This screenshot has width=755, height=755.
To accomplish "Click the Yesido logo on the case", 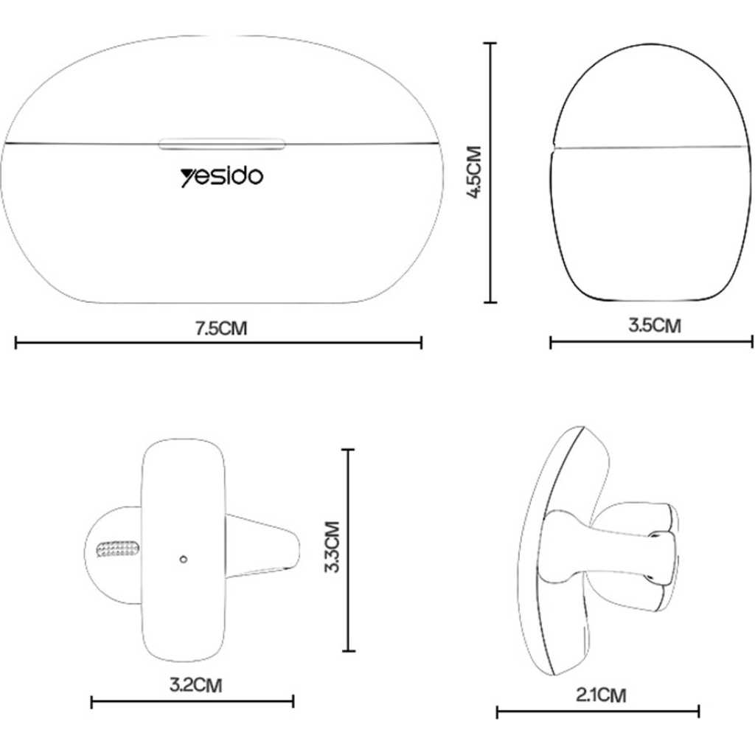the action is point(222,177).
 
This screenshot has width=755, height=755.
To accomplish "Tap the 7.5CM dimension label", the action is point(221,329).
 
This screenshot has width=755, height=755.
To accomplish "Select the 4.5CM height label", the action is point(476,172).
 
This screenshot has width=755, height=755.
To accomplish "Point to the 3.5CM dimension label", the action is point(655,325).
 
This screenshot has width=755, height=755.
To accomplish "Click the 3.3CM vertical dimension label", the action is point(333,546).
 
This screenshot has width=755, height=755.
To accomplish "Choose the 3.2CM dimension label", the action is point(196,685).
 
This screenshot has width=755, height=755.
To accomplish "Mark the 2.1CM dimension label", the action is point(602,695).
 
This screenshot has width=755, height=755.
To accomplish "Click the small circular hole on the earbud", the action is point(183,559).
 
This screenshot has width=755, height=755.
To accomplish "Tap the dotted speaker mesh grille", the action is point(119,549).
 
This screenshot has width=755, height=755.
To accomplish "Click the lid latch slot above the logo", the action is point(222,143).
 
